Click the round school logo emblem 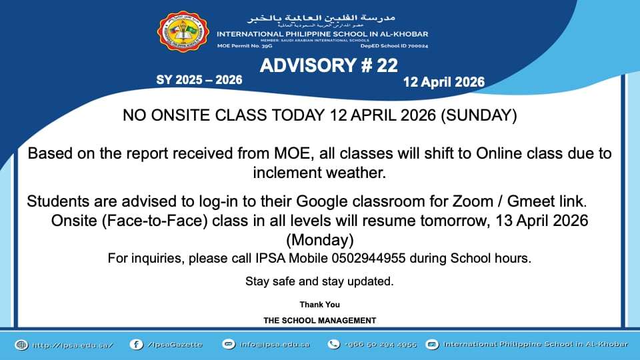pos(182,32)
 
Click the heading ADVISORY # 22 pos(329,65)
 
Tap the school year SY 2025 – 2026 pos(199,80)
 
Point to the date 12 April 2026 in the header pos(443,83)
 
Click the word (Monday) pos(319,239)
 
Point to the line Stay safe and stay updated pos(319,281)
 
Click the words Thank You pos(319,305)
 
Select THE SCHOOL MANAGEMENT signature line pos(319,321)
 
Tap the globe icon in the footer pos(21,345)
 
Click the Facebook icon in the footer pos(136,345)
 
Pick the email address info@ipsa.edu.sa pos(275,345)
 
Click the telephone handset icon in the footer pos(334,345)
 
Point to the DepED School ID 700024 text pos(394,46)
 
